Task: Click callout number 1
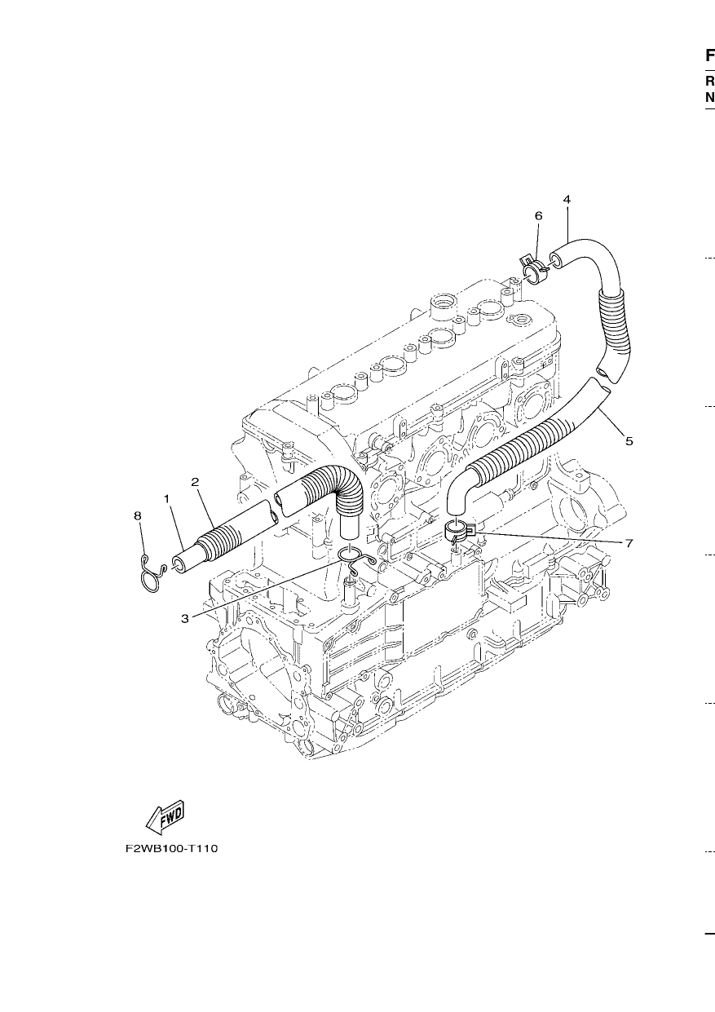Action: (166, 499)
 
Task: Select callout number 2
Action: (195, 482)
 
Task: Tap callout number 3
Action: (185, 618)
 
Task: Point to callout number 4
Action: (567, 199)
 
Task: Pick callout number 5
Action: (629, 440)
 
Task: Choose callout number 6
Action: (538, 216)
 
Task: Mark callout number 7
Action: (629, 543)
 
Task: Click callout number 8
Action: (138, 515)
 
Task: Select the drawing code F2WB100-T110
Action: (171, 848)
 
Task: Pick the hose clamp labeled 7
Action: (459, 532)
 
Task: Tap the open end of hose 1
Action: (179, 563)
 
